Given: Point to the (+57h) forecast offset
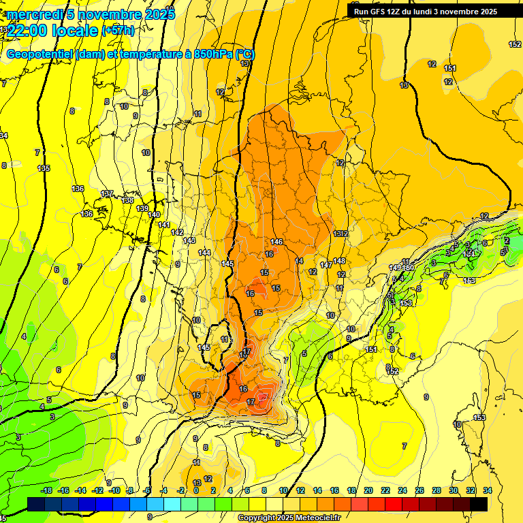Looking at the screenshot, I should [118, 31].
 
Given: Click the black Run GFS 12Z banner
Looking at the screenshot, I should [426, 11].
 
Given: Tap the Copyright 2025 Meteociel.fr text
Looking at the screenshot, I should [289, 518].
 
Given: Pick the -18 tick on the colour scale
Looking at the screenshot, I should [46, 490].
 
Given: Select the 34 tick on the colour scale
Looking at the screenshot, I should [487, 490].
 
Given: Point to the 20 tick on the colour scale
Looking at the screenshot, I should [368, 490].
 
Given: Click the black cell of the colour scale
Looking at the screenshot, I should [479, 504].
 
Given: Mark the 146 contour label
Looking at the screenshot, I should [276, 242].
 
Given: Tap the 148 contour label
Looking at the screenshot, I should [339, 261].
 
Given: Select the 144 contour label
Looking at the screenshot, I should [204, 253].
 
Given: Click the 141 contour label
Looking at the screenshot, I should [163, 225].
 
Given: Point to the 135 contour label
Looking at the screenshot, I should [44, 168].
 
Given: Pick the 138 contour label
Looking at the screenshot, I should [128, 200].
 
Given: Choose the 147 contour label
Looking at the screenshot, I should [326, 264].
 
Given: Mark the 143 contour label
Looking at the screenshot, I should [190, 240].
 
